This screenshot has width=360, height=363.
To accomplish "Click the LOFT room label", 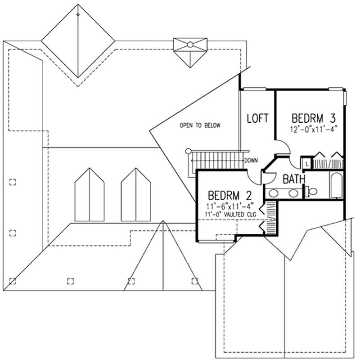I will [258, 118].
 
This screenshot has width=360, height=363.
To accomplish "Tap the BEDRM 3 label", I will [314, 119].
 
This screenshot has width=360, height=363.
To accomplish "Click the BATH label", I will [294, 179].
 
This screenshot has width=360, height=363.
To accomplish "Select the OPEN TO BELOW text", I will [200, 125].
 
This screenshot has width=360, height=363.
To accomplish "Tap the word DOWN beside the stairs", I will [251, 160].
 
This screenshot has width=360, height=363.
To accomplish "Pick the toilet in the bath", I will [311, 191].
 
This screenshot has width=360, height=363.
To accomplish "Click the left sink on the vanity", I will [273, 194].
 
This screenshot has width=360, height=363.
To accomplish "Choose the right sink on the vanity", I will [293, 194].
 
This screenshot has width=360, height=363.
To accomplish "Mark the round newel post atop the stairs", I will [189, 152].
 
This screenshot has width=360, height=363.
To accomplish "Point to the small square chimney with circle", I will [189, 45].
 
